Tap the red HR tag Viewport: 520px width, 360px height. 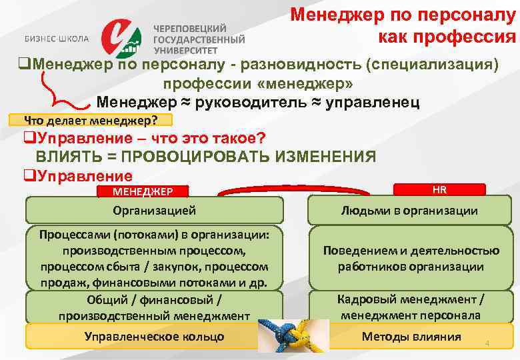(x=439, y=189)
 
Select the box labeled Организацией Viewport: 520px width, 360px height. (x=154, y=210)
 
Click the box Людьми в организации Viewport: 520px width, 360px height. (x=409, y=210)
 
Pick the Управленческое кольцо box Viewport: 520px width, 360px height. (x=154, y=336)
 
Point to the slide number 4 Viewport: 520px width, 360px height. (x=487, y=343)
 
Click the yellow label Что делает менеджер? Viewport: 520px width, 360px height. (x=91, y=121)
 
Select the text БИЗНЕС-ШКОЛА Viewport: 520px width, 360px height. (x=57, y=39)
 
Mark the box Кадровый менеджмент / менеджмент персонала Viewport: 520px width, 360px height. (x=410, y=307)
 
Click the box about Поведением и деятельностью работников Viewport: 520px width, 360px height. (x=410, y=259)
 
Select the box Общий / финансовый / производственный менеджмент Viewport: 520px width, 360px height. (x=154, y=307)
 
